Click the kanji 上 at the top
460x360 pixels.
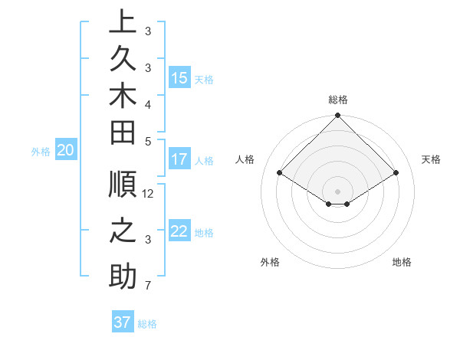123,23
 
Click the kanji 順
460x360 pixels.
123,185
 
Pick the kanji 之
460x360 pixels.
123,231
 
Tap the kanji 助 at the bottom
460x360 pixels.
123,277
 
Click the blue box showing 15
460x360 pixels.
179,78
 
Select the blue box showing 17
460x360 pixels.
179,160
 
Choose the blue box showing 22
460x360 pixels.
179,232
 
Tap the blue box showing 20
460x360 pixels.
65,151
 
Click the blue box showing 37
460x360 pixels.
122,322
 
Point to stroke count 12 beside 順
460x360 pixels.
148,194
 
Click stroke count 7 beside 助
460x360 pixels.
148,286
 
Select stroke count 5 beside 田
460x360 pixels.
148,142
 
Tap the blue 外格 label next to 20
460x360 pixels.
41,152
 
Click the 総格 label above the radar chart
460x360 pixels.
337,100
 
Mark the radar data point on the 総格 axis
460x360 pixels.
337,116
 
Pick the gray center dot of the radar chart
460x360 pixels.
337,191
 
